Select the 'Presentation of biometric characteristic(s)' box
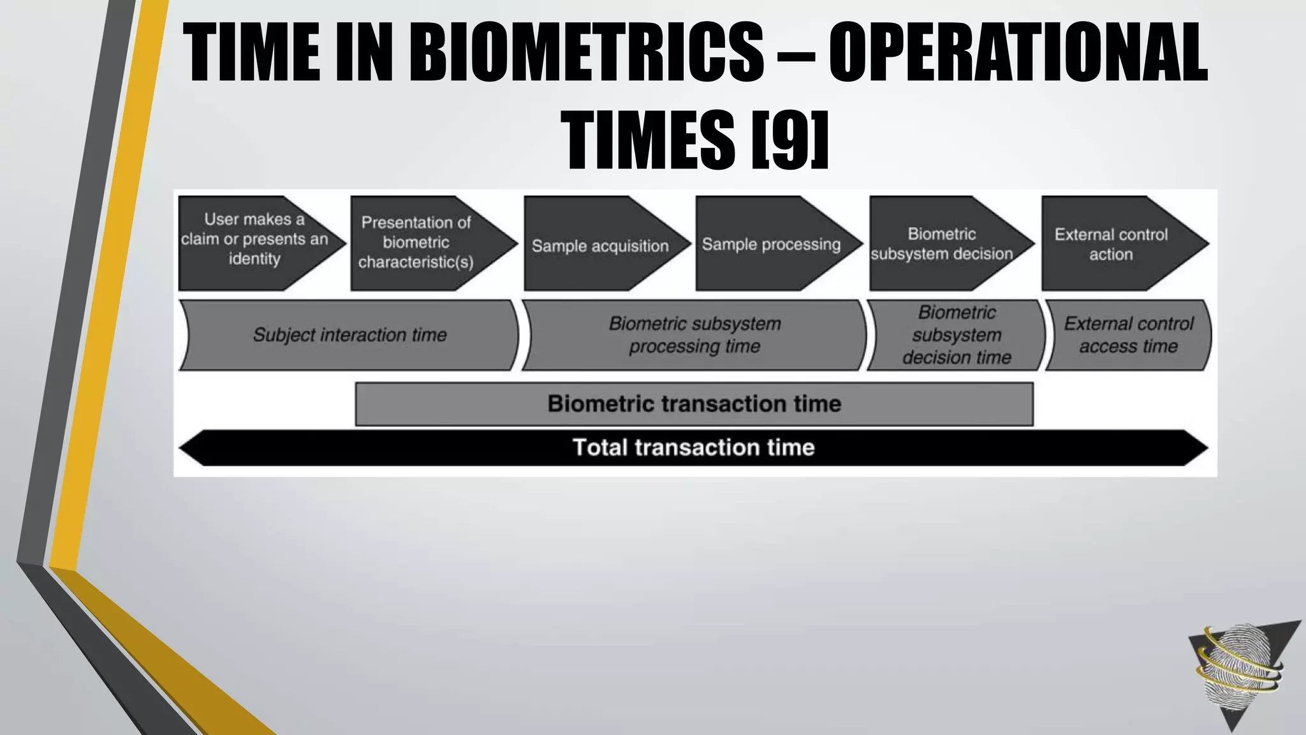(421, 243)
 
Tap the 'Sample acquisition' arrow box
(599, 246)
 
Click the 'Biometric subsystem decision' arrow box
(942, 244)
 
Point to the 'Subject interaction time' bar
(349, 335)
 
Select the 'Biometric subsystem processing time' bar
(694, 335)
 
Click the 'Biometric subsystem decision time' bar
(957, 335)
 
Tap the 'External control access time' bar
(1128, 335)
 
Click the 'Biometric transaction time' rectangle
(694, 404)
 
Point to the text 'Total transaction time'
(693, 447)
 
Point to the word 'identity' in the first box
(254, 259)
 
